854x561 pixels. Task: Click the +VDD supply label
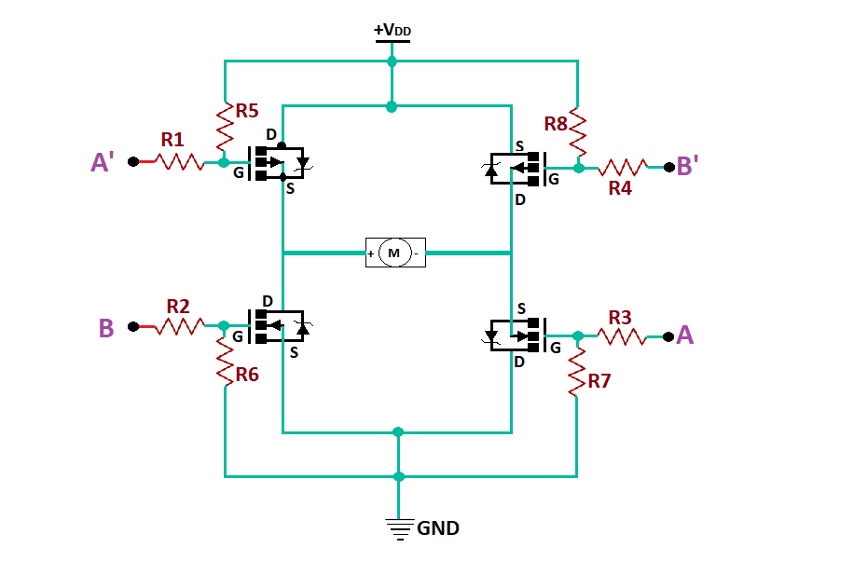[x=392, y=31]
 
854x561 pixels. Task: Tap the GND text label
[x=438, y=528]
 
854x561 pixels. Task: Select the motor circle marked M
[x=394, y=253]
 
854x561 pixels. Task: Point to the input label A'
[x=103, y=163]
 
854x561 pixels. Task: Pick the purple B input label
[x=106, y=328]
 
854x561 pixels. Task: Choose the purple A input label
[x=685, y=335]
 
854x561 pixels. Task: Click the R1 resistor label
[x=172, y=140]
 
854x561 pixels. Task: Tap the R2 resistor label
[x=178, y=306]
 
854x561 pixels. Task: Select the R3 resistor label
[x=620, y=317]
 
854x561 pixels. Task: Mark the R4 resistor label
[x=620, y=188]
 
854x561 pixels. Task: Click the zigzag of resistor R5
[x=225, y=128]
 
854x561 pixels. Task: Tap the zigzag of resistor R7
[x=577, y=371]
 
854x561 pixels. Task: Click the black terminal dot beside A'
[x=133, y=161]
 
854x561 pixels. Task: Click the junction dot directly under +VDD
[x=392, y=62]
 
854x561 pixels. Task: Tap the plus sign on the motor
[x=371, y=253]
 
